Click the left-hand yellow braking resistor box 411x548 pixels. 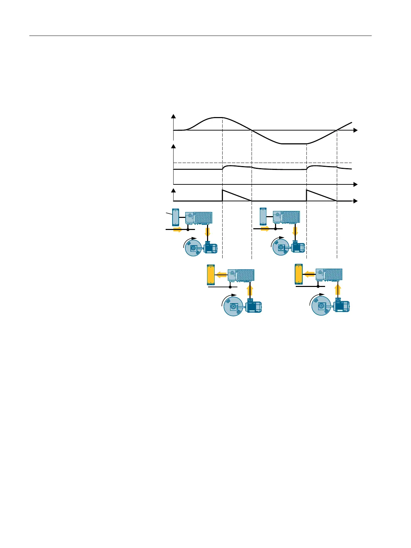click(x=210, y=275)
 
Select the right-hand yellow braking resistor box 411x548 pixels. click(x=299, y=274)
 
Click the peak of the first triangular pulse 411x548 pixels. click(x=223, y=190)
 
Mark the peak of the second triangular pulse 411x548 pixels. click(x=307, y=190)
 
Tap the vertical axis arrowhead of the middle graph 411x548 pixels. click(x=173, y=146)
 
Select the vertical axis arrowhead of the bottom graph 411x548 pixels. click(x=173, y=190)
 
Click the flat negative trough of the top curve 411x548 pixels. click(x=293, y=144)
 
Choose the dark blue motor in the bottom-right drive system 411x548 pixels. click(x=342, y=306)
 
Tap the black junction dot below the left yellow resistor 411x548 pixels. click(x=230, y=287)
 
